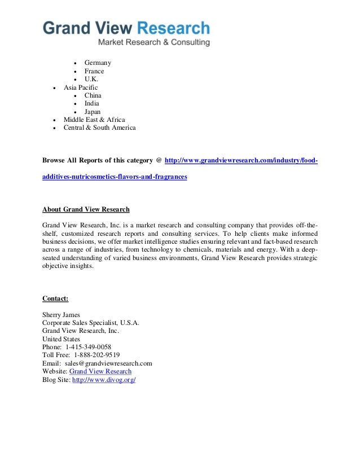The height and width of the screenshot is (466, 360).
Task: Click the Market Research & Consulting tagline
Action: coord(154,42)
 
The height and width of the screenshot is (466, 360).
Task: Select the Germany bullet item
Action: coord(98,63)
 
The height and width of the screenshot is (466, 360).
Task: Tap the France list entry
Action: coord(94,71)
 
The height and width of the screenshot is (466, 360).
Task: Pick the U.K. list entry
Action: coord(91,80)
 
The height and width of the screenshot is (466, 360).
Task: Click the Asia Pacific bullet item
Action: coord(80,87)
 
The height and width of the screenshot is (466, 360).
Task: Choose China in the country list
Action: coord(93,95)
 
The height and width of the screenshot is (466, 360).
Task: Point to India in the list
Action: coord(91,103)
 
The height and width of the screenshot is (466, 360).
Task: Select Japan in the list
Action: coord(93,112)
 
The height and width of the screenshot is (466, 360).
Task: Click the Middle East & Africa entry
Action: coord(94,120)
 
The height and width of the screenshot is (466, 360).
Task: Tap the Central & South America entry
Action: coord(99,128)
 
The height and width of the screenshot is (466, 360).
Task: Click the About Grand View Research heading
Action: coord(86,209)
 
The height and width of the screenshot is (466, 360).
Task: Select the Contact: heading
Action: coord(55,298)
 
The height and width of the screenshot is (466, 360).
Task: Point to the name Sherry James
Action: coord(62,315)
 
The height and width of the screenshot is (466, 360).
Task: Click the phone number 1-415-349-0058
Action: coord(88,347)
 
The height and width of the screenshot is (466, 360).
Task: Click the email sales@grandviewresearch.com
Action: coord(108,363)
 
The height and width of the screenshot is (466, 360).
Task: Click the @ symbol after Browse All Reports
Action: coord(159,161)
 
